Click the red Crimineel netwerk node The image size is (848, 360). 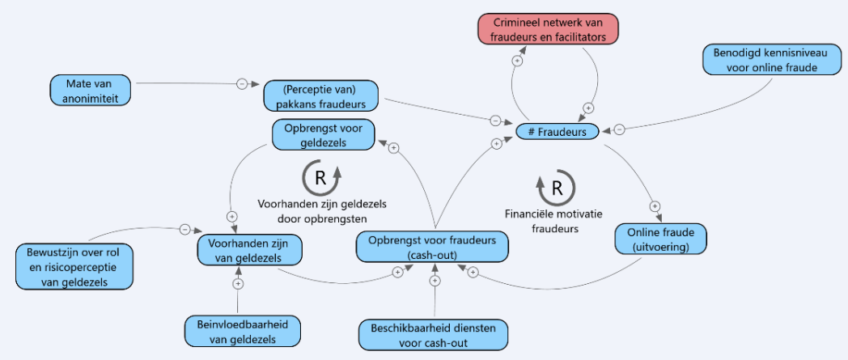(549, 29)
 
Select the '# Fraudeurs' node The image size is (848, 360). (558, 131)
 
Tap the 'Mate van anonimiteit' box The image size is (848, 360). (91, 91)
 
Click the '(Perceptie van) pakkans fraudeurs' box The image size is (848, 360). (322, 96)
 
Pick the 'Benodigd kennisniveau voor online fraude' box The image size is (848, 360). (773, 59)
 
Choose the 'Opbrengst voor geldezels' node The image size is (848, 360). (323, 134)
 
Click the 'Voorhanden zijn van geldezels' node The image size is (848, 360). (248, 250)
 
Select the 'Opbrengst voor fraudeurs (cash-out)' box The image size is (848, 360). (432, 247)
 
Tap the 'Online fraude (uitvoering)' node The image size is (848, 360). (660, 239)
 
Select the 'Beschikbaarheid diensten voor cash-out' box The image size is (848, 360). (433, 335)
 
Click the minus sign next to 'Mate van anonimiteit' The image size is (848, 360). (242, 84)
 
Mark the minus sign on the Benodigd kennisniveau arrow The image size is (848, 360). (620, 129)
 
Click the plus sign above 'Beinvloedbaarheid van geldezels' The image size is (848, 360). (238, 283)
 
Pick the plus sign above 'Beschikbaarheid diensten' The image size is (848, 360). (435, 281)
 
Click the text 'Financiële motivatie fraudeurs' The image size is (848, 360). (555, 221)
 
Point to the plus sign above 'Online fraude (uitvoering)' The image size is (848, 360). (655, 206)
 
